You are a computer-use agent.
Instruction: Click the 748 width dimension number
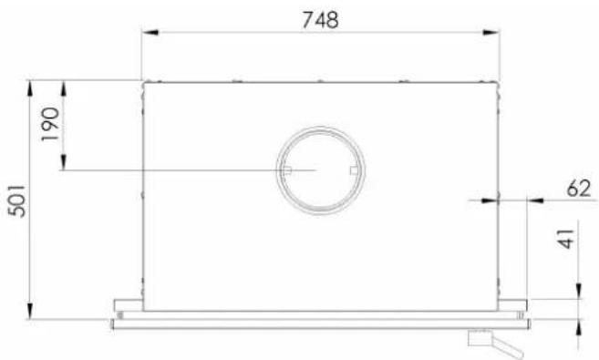[320, 20]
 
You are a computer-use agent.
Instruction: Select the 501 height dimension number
[18, 201]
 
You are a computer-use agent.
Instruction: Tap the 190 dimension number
[51, 124]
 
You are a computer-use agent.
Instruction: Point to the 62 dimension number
[578, 189]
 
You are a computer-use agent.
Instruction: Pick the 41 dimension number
[566, 239]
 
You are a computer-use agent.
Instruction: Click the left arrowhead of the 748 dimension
[150, 33]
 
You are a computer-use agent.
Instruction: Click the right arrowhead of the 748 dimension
[491, 33]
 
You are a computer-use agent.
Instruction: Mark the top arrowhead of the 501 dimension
[30, 88]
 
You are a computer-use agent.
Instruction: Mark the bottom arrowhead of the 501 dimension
[30, 311]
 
